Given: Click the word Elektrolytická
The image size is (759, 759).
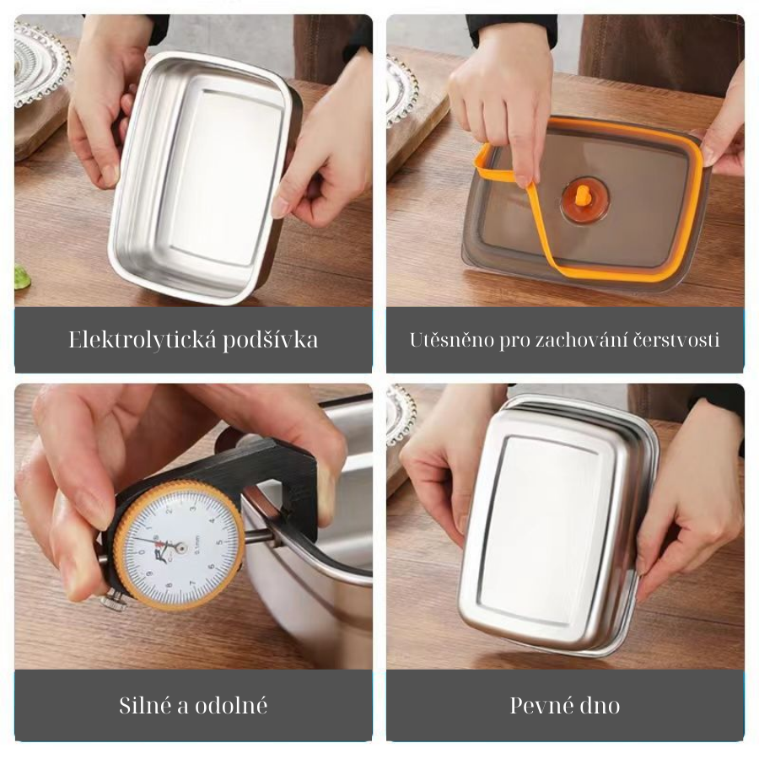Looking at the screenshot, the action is (143, 340).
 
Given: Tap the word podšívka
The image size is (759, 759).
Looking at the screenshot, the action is (270, 340).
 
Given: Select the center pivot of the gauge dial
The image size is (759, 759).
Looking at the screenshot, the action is (180, 548).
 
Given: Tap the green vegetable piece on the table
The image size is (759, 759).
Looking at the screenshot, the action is (21, 277).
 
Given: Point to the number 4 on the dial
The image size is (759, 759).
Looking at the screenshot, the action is (212, 521).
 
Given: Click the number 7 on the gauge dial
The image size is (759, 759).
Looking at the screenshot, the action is (193, 583).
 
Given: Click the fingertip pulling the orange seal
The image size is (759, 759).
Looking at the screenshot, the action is (522, 179).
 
